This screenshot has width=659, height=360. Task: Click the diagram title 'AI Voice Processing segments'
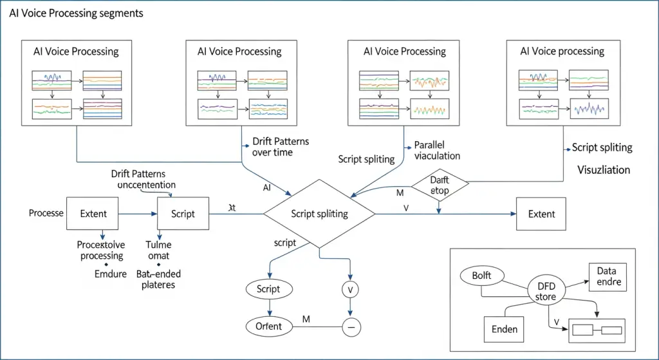(x=76, y=13)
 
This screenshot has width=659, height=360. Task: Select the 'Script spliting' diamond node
(x=320, y=214)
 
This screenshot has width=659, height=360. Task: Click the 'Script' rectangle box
(x=183, y=213)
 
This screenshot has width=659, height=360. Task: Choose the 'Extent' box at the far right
(x=541, y=214)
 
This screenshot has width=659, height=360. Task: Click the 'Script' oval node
(x=268, y=289)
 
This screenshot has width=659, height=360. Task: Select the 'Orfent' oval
(x=268, y=326)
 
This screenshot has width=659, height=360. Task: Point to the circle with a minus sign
(x=351, y=327)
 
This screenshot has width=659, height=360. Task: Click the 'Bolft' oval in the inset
(x=481, y=276)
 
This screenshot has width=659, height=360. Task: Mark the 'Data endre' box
(x=607, y=277)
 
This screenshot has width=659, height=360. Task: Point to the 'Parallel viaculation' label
(x=433, y=150)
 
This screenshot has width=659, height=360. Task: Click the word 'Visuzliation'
(x=604, y=171)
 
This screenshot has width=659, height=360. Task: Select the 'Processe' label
(x=46, y=213)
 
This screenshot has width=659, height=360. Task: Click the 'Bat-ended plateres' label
(x=159, y=279)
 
